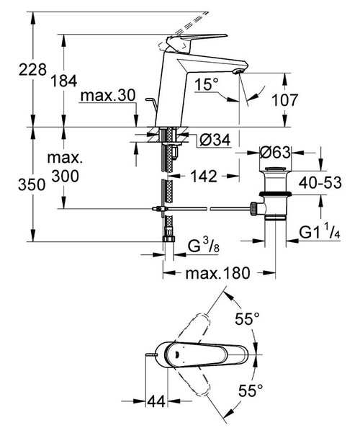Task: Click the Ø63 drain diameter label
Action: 274,152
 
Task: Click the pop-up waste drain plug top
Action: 274,172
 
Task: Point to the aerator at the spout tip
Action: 239,72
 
